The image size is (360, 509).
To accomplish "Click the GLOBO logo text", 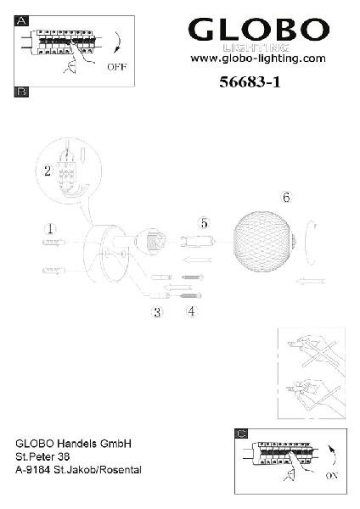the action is [x=259, y=30].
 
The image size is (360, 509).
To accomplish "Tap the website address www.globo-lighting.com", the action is [x=258, y=59].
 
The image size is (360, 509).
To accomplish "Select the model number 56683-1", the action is [x=250, y=81].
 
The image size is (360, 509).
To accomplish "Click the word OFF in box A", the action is [x=116, y=67].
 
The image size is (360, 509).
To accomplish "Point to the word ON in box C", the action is [x=332, y=476].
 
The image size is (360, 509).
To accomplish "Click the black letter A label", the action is [x=21, y=20].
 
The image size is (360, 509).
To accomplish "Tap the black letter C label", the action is [x=241, y=433].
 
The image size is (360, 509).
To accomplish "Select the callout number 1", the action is [x=50, y=229].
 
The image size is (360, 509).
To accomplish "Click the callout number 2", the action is [x=48, y=171].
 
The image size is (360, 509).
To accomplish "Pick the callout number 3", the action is [x=157, y=312].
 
